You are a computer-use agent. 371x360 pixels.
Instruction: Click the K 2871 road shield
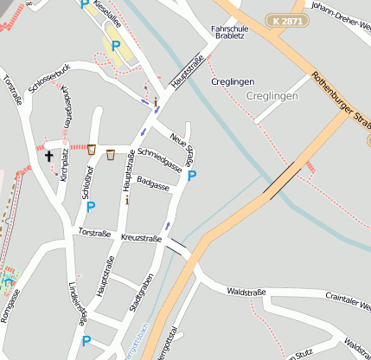point(287,21)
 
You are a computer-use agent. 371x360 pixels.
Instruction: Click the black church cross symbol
point(49,157)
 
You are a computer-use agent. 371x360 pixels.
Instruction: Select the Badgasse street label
point(153,183)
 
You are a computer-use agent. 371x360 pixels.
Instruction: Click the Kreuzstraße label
point(142,237)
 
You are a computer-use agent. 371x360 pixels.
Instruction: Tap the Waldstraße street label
point(246,293)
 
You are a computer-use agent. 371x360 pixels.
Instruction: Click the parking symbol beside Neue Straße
point(192,176)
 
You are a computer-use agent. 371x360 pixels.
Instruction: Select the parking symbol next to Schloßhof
point(91,207)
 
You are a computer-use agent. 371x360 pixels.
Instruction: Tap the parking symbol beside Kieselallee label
point(114,46)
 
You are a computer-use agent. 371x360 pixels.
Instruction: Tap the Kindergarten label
point(68,108)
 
